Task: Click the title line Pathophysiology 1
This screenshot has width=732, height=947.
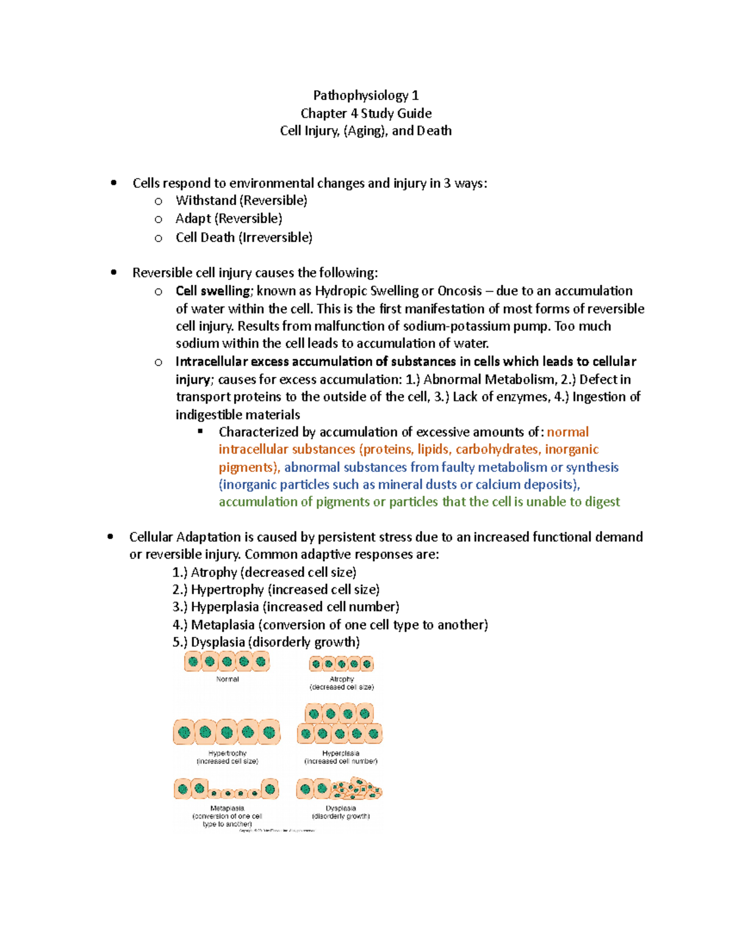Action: point(365,95)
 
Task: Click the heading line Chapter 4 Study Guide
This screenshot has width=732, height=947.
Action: point(365,113)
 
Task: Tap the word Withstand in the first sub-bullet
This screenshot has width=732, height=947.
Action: point(206,201)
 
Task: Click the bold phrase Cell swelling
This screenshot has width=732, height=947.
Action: point(213,291)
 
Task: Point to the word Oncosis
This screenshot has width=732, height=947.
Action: point(460,291)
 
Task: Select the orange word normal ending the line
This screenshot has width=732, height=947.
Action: point(567,432)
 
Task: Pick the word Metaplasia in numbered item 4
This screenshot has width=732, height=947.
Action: point(223,625)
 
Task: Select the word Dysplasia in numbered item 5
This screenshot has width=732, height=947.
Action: point(218,642)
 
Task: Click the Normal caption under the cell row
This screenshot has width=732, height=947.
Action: point(228,679)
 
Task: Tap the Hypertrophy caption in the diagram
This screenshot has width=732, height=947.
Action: point(228,754)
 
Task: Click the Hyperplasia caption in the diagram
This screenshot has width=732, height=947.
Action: point(340,754)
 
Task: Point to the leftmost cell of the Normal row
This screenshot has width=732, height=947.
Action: point(193,662)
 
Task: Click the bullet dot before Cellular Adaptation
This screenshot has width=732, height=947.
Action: point(110,537)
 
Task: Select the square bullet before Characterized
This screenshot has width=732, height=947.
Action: point(200,432)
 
